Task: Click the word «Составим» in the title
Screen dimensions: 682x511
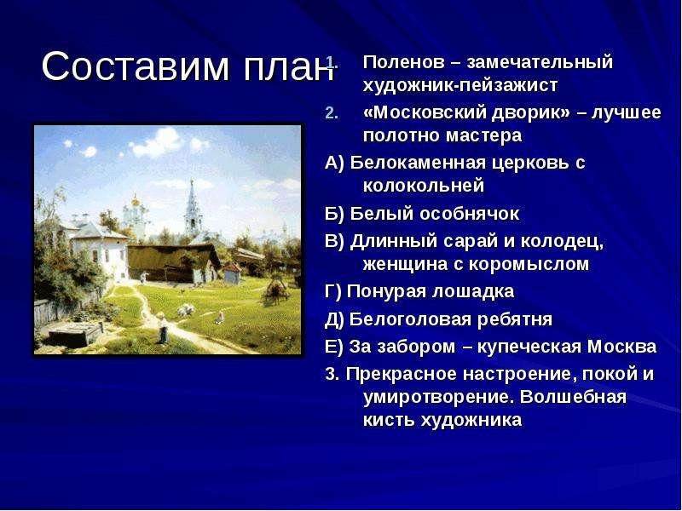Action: tap(136, 66)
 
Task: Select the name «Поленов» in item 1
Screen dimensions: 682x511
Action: tap(403, 62)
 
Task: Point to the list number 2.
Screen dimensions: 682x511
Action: tap(331, 113)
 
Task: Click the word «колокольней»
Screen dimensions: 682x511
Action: tap(423, 186)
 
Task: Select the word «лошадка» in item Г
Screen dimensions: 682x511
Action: tap(472, 291)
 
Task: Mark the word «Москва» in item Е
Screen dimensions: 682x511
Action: tap(622, 347)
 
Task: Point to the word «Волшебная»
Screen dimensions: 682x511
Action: tap(573, 397)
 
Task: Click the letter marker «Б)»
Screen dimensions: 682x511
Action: tap(335, 214)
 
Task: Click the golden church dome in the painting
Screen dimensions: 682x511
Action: tap(136, 201)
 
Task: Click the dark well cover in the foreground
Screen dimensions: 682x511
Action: tap(76, 335)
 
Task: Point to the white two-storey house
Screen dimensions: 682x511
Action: tap(100, 250)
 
